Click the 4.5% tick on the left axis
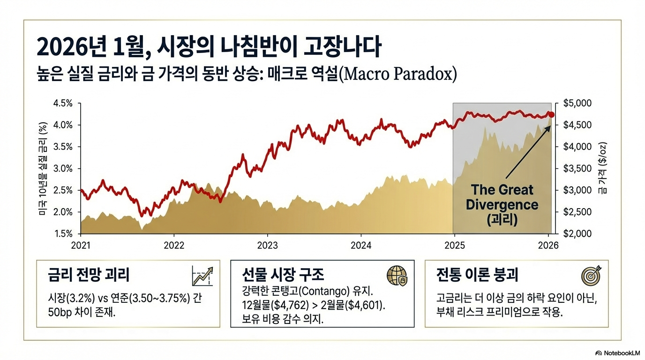64,103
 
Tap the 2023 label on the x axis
267,245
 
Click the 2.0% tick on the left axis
64,212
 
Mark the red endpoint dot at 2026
552,115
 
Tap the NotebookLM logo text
620,352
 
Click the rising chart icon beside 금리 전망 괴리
202,276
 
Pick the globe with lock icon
397,276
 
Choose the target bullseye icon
591,276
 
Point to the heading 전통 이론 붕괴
477,275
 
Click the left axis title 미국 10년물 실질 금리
43,169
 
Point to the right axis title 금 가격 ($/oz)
601,169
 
